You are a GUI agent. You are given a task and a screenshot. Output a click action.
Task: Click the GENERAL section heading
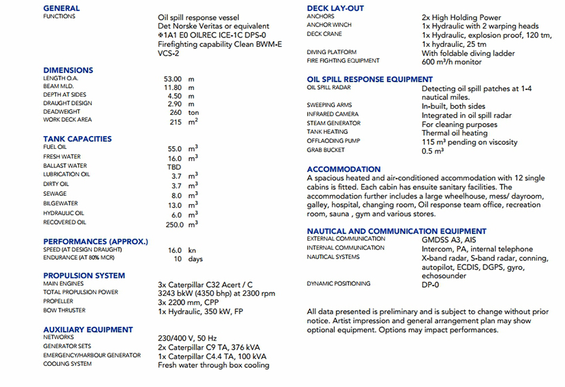coord(61,8)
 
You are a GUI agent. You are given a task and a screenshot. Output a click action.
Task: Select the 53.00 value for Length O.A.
coord(173,79)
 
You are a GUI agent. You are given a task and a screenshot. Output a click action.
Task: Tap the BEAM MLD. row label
coord(59,87)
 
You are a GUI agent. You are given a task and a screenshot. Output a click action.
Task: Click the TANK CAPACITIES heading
coord(77,139)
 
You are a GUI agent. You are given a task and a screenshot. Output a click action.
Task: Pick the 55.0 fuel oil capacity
coord(175,148)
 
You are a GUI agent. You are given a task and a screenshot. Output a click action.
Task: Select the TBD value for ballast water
coord(174,166)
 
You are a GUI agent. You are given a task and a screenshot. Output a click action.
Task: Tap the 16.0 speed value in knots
coord(175,250)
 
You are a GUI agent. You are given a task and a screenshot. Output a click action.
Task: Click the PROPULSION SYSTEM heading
coord(84,275)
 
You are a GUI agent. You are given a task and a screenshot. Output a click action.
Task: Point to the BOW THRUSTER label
coord(64,310)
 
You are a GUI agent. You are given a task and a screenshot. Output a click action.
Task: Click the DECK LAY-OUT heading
coord(335,8)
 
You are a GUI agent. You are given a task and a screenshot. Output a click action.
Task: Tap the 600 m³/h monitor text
coord(451,62)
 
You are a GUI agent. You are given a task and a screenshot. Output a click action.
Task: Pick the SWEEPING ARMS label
coord(329,105)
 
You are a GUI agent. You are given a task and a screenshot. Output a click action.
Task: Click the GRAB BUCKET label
coord(325,150)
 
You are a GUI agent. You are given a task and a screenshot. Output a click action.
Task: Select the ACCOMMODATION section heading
coord(344,169)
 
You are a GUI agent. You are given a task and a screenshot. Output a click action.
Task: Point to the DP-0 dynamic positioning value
coord(432,284)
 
